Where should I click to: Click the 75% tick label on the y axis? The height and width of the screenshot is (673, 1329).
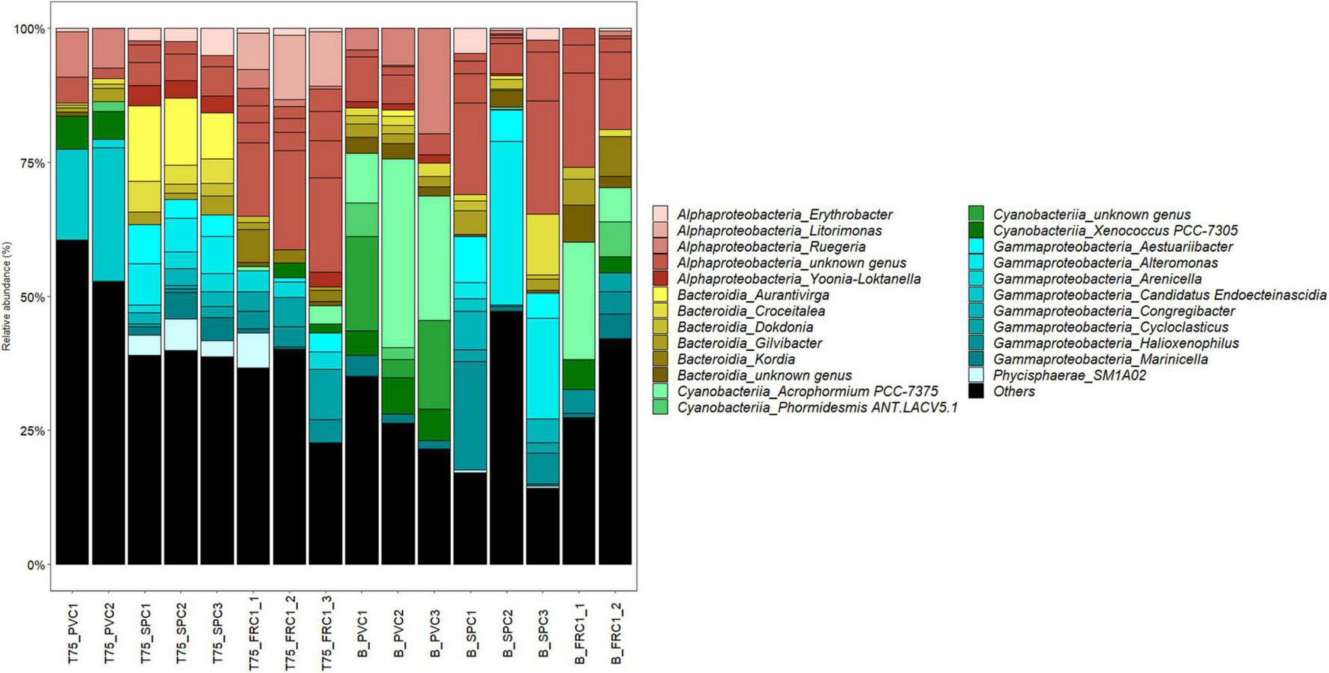[x=30, y=163]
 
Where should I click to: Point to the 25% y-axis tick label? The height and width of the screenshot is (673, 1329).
[x=30, y=431]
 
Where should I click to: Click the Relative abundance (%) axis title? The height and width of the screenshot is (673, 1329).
[x=7, y=296]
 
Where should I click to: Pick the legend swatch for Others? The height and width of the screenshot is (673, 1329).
[x=976, y=391]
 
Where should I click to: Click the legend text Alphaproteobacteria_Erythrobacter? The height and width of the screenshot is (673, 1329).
[x=784, y=214]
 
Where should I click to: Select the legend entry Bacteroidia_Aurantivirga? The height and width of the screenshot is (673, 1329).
[x=752, y=295]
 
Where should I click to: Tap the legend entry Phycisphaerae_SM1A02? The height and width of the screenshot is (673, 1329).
[x=1069, y=375]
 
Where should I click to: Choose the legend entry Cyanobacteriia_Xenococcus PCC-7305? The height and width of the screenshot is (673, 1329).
[x=1115, y=230]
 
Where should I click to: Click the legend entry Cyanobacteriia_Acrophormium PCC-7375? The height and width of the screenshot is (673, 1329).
[x=807, y=392]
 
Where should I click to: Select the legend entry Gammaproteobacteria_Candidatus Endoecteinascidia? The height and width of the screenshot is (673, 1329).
[x=1159, y=295]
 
